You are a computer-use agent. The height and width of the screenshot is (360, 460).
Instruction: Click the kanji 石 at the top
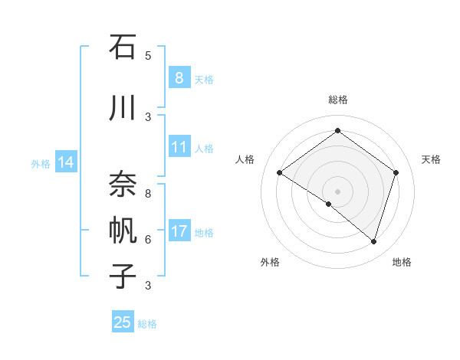(x=123, y=48)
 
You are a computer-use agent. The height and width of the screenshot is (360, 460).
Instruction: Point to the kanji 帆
(x=123, y=229)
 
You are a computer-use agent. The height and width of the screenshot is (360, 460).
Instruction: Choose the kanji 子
(x=123, y=275)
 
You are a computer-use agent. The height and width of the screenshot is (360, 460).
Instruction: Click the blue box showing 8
(x=179, y=77)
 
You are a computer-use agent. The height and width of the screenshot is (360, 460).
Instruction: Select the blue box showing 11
(x=179, y=147)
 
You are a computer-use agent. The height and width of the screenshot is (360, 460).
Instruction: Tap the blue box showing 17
(x=179, y=231)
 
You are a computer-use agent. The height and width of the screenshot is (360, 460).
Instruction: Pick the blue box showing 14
(x=66, y=162)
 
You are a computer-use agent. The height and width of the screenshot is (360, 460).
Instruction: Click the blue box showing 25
(x=123, y=322)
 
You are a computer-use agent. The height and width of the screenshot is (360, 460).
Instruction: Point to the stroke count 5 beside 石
(x=148, y=55)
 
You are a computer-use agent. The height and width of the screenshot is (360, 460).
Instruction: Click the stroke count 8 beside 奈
(x=148, y=194)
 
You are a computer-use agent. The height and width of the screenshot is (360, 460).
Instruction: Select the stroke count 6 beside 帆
(x=148, y=239)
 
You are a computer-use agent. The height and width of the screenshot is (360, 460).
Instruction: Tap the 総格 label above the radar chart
(x=337, y=100)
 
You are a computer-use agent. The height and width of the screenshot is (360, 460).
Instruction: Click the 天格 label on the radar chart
(x=431, y=159)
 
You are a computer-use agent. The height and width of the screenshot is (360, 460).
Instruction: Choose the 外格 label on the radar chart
(x=270, y=262)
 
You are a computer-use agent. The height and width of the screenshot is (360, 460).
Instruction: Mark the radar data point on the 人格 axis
(x=280, y=173)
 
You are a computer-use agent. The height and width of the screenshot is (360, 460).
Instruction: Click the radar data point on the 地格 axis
(x=374, y=242)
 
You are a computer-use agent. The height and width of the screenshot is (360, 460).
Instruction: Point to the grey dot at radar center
(x=337, y=191)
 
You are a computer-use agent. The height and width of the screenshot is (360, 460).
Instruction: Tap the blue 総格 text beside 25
(x=147, y=324)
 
